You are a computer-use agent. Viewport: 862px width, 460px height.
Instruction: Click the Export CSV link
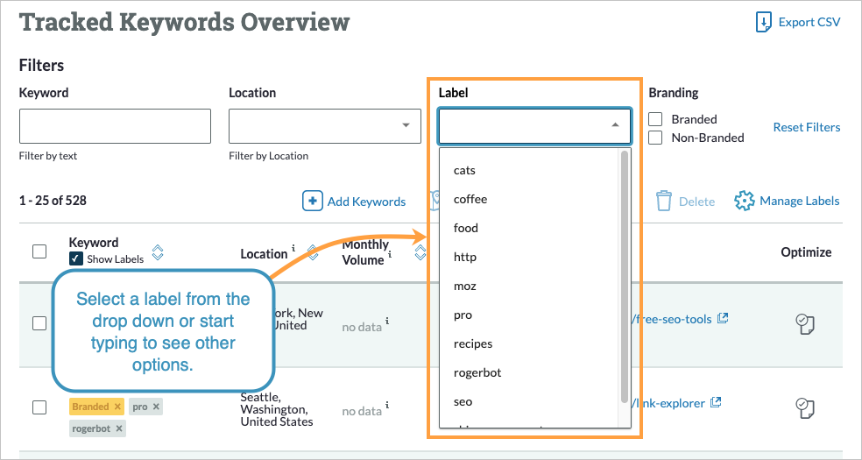click(798, 23)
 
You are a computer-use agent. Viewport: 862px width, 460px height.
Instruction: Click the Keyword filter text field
click(115, 126)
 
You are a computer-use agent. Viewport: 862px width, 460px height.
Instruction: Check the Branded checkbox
click(655, 119)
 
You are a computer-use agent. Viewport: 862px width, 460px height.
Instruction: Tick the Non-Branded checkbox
click(655, 138)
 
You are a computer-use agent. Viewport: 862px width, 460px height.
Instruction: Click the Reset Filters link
click(806, 127)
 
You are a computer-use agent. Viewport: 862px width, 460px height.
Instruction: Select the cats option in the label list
click(464, 170)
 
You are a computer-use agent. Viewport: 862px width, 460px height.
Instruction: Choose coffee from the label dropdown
click(470, 199)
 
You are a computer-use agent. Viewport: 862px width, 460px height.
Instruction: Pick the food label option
click(466, 228)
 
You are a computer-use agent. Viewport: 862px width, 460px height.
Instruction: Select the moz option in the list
click(465, 286)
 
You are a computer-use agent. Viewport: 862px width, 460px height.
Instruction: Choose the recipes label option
click(473, 343)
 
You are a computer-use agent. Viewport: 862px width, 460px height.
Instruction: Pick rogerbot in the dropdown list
click(477, 372)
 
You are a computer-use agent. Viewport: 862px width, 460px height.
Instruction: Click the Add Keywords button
click(355, 202)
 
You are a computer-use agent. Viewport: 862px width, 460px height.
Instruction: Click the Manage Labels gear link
click(787, 201)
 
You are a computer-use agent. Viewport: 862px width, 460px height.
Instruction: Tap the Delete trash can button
click(686, 202)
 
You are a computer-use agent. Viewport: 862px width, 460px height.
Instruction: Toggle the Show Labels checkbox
click(76, 258)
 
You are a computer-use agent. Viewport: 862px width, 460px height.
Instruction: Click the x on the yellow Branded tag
click(117, 407)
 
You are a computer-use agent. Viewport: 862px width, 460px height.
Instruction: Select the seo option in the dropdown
click(463, 401)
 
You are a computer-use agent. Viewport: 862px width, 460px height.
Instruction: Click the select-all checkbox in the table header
click(39, 251)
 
